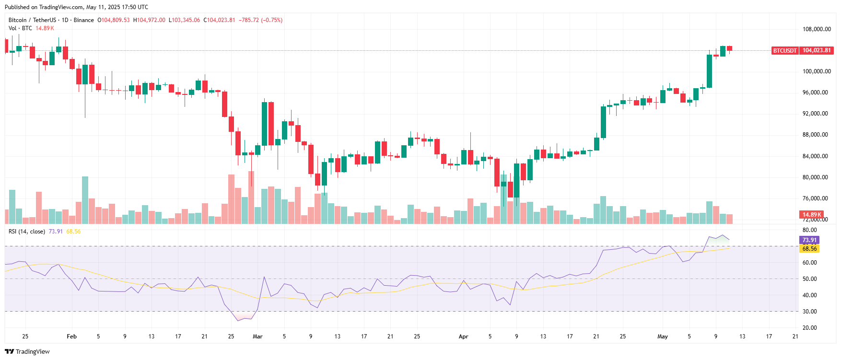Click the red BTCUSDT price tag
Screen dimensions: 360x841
tap(785, 50)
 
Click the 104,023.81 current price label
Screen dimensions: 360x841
tap(817, 50)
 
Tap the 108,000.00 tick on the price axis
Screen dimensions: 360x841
tap(817, 29)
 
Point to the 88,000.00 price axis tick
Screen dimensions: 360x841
tap(815, 135)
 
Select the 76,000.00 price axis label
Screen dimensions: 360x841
tap(815, 198)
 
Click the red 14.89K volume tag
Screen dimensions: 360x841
tap(812, 214)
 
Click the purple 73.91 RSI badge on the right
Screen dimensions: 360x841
tap(809, 240)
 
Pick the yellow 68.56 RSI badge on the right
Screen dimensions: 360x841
tap(809, 249)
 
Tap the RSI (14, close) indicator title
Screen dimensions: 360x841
tap(27, 232)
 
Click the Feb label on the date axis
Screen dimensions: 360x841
tap(71, 337)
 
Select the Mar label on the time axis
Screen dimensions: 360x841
tap(257, 337)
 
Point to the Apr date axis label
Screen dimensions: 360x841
tap(463, 337)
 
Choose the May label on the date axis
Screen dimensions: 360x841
tap(663, 337)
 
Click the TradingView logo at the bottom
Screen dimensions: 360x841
tap(27, 351)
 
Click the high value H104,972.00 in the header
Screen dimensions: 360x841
tap(149, 20)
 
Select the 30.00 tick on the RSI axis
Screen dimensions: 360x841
tap(810, 312)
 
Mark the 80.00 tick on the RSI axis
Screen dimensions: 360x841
tap(810, 230)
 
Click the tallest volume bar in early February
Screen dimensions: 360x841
tap(85, 200)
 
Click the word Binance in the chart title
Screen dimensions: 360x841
tap(84, 20)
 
